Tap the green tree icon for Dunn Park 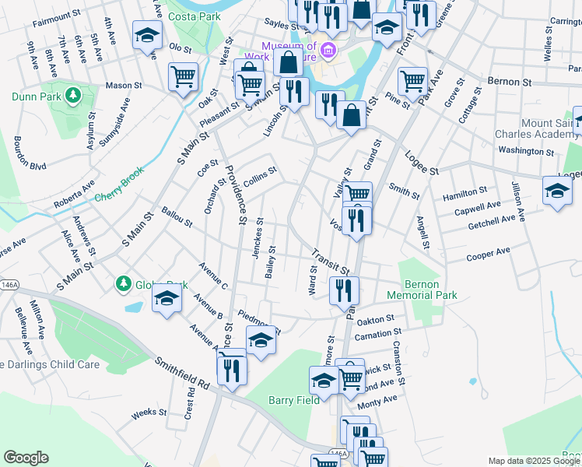tap(73, 96)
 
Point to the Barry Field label tap(294, 400)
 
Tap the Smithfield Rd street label tap(182, 374)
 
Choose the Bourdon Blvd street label tap(29, 154)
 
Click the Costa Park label tap(196, 16)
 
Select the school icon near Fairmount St tap(145, 36)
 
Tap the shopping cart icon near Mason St tap(183, 77)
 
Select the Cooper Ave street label tap(488, 254)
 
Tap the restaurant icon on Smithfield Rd tap(230, 368)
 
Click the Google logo tap(26, 458)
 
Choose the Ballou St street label tap(177, 217)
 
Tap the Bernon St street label tap(509, 81)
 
